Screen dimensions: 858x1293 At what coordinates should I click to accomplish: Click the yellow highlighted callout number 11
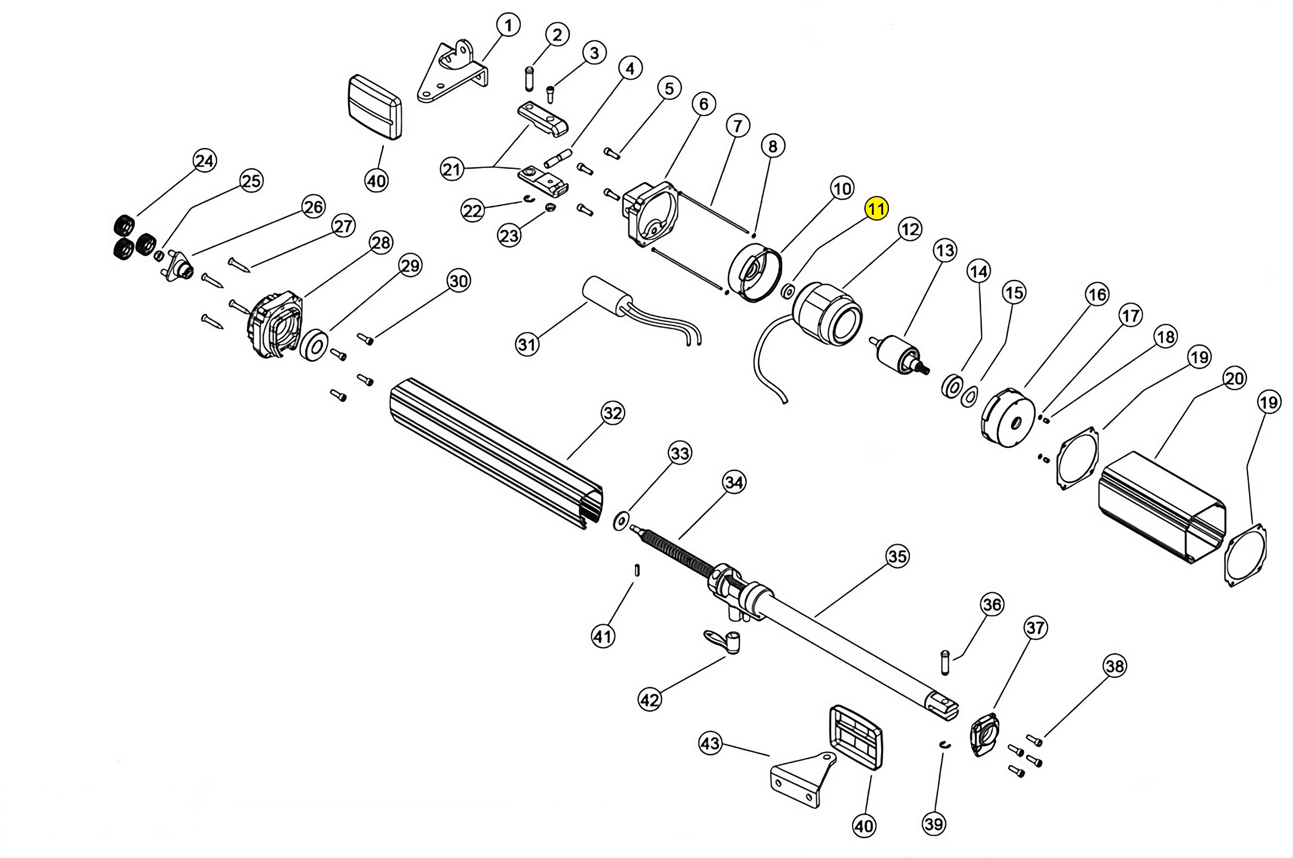coord(876,208)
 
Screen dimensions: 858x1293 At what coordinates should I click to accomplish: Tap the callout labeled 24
coord(205,161)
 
